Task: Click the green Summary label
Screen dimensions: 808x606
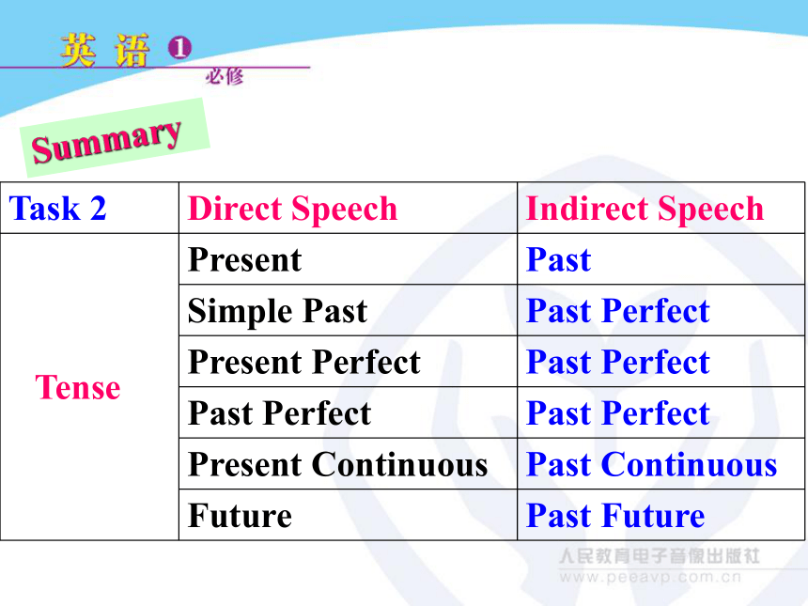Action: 115,137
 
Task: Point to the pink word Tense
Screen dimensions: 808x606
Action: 78,387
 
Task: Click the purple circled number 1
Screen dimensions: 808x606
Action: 179,47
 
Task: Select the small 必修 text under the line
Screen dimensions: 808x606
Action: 225,77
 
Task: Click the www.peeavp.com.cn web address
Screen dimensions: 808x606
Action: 650,577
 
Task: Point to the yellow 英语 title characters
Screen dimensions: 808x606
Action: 104,50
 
